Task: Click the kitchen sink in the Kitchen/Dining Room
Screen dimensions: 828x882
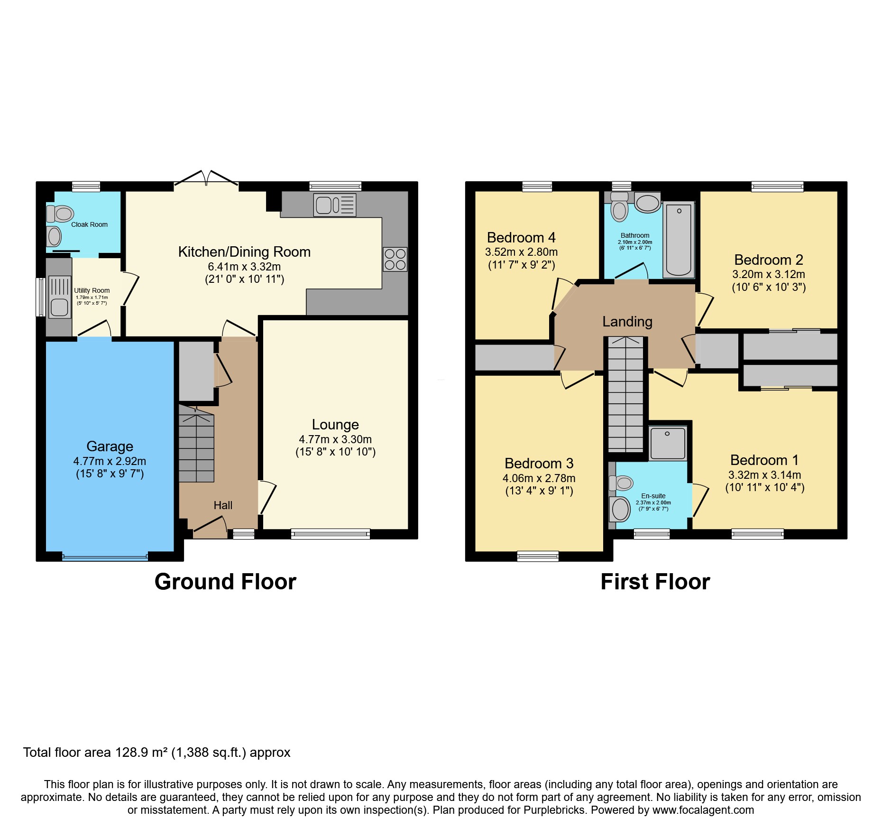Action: [334, 205]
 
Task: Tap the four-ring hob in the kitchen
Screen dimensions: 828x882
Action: [395, 259]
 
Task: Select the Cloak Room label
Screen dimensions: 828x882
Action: [89, 224]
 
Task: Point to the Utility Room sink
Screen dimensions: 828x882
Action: [59, 307]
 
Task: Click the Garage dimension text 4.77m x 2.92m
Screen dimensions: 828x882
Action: [110, 461]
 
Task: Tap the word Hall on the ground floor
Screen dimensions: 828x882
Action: [223, 505]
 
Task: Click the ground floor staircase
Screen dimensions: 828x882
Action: [196, 448]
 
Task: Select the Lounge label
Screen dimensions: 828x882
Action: [335, 424]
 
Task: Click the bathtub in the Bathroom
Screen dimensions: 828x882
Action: [679, 240]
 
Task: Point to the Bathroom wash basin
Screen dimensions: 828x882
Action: [647, 204]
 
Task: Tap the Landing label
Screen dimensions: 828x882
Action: [627, 322]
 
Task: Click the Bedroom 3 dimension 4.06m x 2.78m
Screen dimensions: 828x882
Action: [539, 478]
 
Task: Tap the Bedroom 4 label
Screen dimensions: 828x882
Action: [521, 237]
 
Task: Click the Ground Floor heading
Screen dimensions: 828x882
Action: [225, 582]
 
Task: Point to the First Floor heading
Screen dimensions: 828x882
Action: [655, 582]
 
